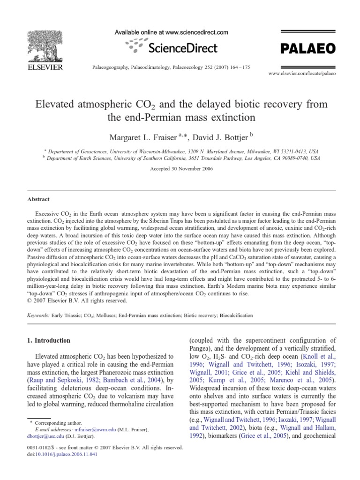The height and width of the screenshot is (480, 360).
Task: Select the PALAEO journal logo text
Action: point(307,48)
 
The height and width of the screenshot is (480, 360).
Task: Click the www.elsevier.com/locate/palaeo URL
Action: point(302,74)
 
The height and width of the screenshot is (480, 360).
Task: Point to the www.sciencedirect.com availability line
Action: point(172,32)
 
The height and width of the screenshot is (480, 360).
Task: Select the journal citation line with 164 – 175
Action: point(168,67)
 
